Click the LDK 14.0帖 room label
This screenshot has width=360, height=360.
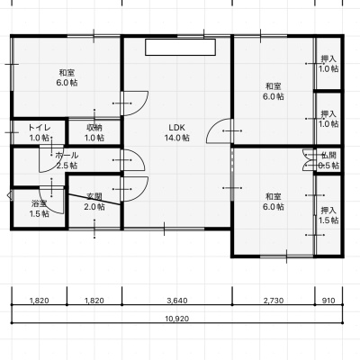[176, 132]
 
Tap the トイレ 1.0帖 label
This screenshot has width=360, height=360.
[40, 132]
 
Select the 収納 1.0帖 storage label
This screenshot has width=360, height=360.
[94, 132]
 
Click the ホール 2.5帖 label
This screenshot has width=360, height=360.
[67, 160]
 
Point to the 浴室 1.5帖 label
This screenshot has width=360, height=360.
[40, 209]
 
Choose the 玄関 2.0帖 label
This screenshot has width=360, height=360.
[94, 202]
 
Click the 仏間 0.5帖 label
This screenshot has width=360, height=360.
[328, 160]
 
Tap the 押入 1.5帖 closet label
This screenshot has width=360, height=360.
[328, 215]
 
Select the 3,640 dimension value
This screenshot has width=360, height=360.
[176, 301]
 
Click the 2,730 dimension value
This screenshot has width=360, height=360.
[274, 301]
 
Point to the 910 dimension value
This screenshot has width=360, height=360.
[328, 301]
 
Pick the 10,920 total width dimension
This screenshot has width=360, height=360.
[177, 319]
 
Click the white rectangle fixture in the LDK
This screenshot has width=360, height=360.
[181, 47]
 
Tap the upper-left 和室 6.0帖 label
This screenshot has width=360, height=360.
[67, 77]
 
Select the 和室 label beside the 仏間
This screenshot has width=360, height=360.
[274, 202]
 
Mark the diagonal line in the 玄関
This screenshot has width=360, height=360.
[94, 200]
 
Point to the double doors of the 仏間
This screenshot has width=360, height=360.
[308, 160]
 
